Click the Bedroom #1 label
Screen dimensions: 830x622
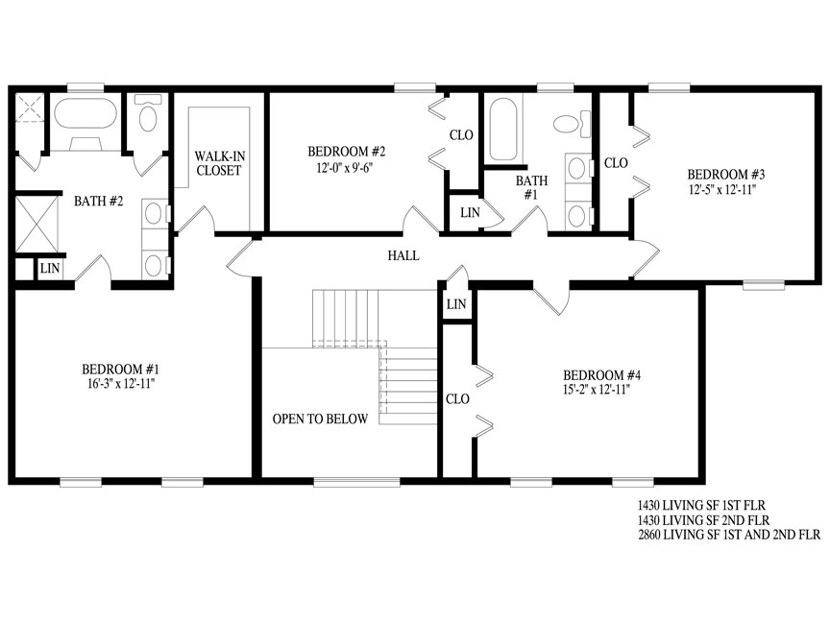point(120,369)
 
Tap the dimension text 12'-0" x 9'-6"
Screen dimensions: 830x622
point(346,168)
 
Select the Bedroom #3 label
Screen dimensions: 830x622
point(725,174)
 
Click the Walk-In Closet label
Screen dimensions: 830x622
point(219,163)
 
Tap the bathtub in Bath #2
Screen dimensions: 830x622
point(85,112)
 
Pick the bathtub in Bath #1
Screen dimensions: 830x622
point(502,130)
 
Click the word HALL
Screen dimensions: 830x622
point(403,256)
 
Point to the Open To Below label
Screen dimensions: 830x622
point(320,419)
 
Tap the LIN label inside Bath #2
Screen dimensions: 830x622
point(50,268)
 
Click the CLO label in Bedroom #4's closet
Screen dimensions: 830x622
point(457,398)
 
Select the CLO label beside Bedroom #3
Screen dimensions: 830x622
point(616,163)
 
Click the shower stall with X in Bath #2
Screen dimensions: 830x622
point(37,224)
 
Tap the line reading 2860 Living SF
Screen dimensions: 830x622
point(729,535)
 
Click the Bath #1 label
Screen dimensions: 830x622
point(531,188)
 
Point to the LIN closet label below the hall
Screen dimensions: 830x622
point(456,304)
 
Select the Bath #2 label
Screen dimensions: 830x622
point(98,201)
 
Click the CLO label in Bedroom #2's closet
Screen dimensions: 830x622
point(461,135)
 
